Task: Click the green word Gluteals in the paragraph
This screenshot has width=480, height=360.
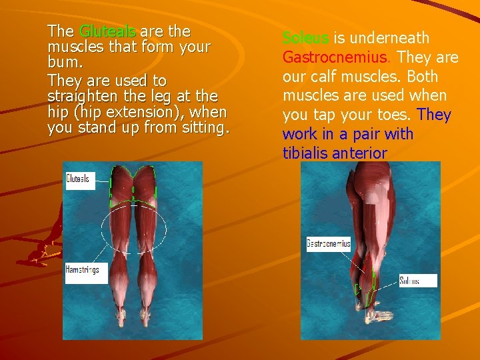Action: tap(107, 31)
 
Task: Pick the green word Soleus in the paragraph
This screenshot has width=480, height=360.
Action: tap(305, 39)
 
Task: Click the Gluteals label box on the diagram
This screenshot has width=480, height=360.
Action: tap(79, 179)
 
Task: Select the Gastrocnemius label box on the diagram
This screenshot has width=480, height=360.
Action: tap(328, 243)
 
